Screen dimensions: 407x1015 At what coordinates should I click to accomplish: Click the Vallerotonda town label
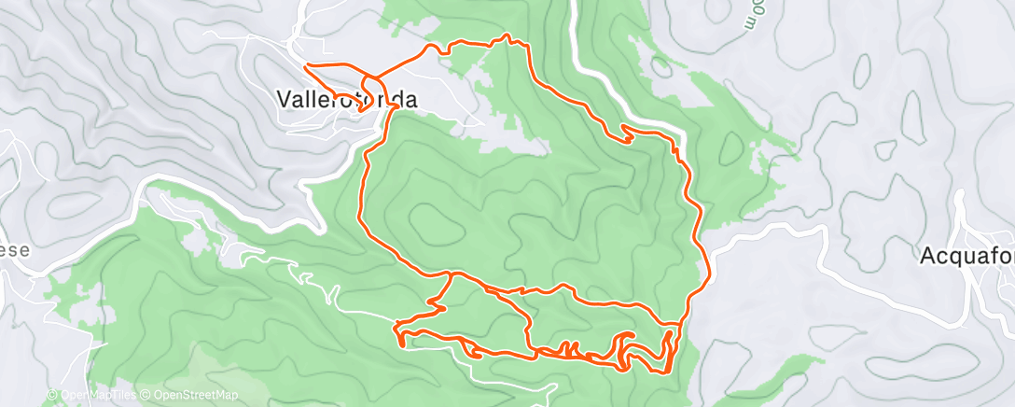[346, 99]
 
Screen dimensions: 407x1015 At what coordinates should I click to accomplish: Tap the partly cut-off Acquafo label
[966, 255]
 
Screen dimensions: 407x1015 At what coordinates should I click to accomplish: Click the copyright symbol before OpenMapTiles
[52, 396]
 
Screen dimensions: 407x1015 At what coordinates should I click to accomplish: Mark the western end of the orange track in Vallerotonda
[306, 64]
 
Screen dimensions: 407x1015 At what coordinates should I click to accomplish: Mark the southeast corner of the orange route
[664, 371]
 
